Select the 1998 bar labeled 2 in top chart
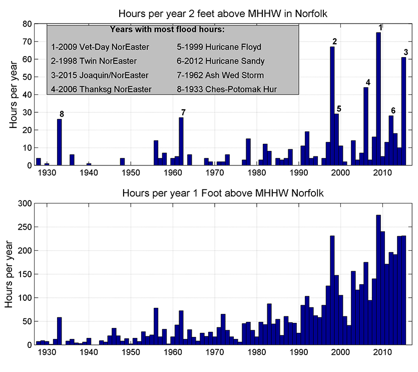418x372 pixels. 332,106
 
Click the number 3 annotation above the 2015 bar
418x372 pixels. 405,52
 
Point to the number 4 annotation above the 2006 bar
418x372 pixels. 368,82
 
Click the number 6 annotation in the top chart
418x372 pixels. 393,110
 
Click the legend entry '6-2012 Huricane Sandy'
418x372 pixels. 221,61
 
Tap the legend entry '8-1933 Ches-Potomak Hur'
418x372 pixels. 227,89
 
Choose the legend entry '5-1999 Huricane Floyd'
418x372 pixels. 219,47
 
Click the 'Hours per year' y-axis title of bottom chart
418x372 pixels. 10,274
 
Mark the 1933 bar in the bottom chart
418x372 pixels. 59,331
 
